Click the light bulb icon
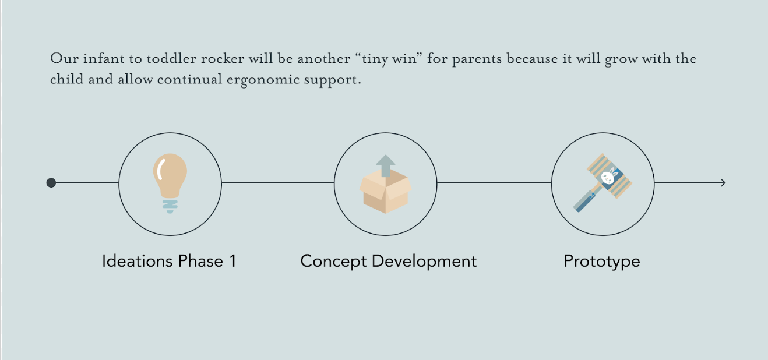(x=170, y=183)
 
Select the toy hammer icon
(x=603, y=183)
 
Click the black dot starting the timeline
(x=51, y=183)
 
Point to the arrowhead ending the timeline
(x=723, y=183)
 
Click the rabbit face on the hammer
(x=608, y=177)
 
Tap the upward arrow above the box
(x=385, y=165)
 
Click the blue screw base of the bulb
(x=170, y=206)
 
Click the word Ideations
(x=138, y=261)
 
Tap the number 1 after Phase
(x=233, y=261)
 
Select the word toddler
(x=171, y=59)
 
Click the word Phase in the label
(x=200, y=261)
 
